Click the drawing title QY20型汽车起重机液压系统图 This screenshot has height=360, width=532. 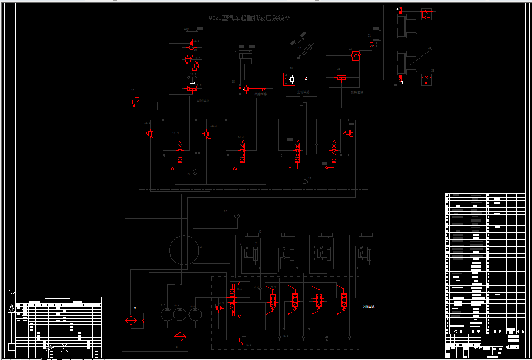249,18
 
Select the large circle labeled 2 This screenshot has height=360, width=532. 185,249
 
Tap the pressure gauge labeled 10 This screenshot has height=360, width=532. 237,216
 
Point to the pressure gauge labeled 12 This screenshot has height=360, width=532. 305,182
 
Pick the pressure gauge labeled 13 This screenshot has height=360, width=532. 195,172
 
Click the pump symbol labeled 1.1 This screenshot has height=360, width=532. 195,314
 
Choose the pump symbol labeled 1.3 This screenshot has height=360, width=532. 166,314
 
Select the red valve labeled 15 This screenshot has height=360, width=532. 136,101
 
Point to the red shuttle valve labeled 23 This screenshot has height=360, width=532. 342,78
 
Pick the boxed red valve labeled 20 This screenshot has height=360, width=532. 291,79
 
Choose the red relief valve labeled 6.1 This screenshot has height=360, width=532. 241,340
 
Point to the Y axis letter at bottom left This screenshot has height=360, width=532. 13,294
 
